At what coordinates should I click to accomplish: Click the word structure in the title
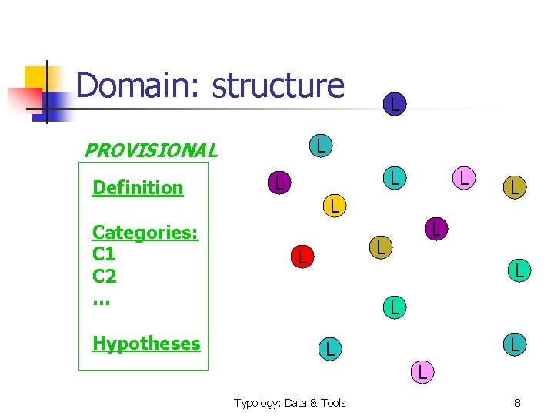click(278, 86)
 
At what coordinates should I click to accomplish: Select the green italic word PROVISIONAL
click(150, 150)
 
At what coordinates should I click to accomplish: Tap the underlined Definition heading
click(138, 188)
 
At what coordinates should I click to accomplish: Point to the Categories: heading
click(145, 232)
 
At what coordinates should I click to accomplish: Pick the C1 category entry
click(104, 254)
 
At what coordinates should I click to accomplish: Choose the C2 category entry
click(104, 276)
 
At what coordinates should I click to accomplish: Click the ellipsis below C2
click(101, 298)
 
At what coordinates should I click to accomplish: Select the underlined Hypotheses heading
click(146, 344)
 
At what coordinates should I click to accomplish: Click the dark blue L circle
click(393, 103)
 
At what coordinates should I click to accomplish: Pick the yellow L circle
click(332, 206)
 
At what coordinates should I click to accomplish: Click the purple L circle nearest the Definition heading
click(279, 183)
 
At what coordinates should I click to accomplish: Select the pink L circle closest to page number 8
click(422, 372)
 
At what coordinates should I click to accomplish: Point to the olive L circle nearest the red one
click(379, 247)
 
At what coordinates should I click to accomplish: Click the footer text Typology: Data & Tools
click(290, 403)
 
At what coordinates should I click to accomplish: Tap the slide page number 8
click(517, 403)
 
